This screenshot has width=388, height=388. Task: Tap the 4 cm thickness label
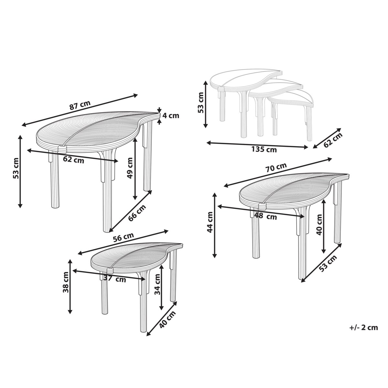click(x=171, y=116)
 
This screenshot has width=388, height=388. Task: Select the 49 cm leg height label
click(x=130, y=168)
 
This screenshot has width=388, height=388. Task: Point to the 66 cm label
click(x=137, y=213)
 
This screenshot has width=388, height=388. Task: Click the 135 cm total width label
click(x=264, y=150)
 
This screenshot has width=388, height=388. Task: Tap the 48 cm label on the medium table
click(x=265, y=216)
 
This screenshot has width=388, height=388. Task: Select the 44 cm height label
click(x=210, y=222)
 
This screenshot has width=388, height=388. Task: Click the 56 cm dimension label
click(x=123, y=237)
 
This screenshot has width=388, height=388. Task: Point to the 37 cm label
click(x=114, y=279)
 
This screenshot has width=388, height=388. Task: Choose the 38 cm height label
click(x=66, y=282)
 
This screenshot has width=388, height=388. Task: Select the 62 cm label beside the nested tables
click(x=333, y=140)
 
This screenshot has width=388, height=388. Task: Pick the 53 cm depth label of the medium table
click(x=328, y=264)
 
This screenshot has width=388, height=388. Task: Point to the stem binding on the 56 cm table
click(x=110, y=271)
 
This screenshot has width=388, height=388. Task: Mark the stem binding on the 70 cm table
click(x=262, y=206)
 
